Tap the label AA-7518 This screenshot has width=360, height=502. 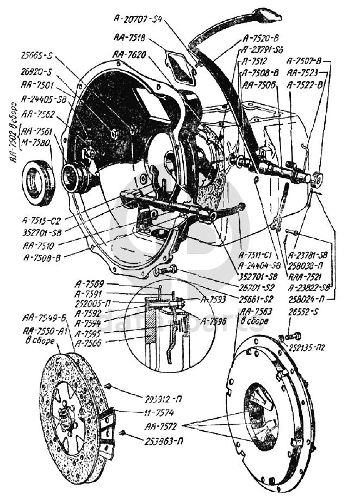tap(129, 38)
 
